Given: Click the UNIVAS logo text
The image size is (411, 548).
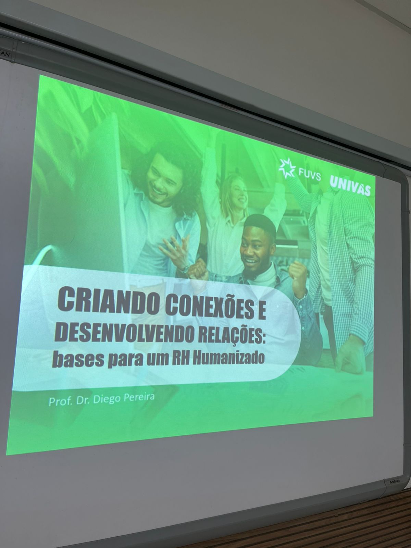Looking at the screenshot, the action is click(350, 186).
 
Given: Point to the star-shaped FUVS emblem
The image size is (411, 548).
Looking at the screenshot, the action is click(287, 168).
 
